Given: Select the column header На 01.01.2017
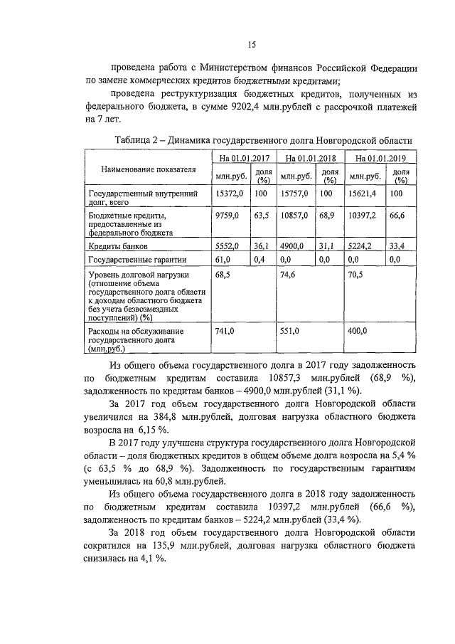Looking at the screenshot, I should [243, 157].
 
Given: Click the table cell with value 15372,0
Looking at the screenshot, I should [230, 193].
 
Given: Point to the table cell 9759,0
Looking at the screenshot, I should [228, 214].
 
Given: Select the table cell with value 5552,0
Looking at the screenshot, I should [228, 246].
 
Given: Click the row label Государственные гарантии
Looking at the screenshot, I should [132, 260].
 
